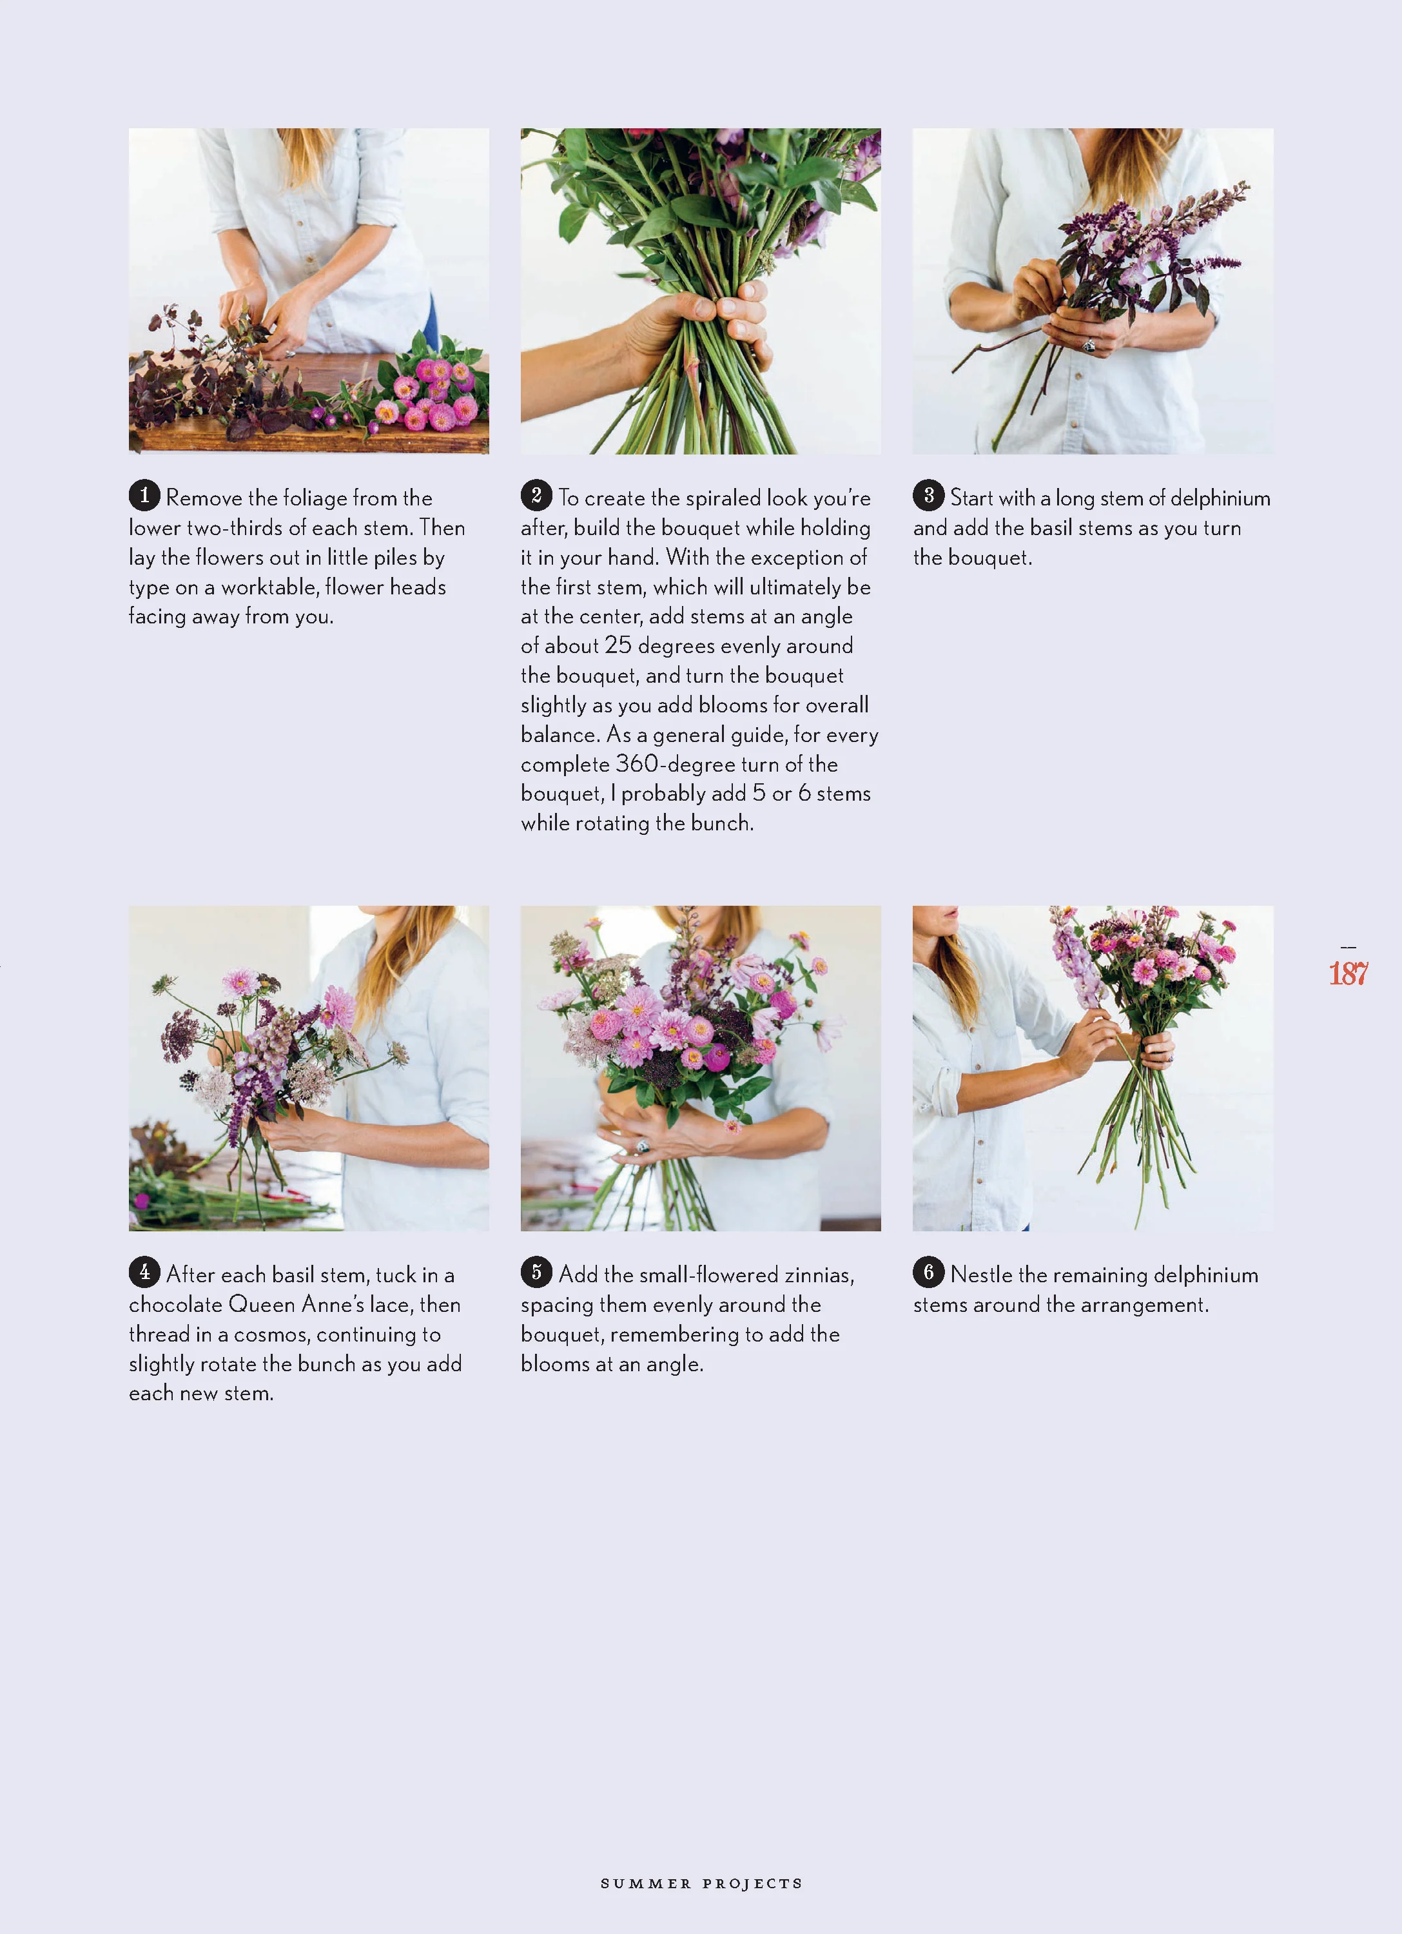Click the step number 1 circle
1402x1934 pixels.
click(x=144, y=494)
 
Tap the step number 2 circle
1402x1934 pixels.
click(x=536, y=494)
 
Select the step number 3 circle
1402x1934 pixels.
click(x=929, y=494)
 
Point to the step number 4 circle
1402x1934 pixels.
click(x=144, y=1271)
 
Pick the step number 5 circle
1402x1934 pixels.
click(x=536, y=1271)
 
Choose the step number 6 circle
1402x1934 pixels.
click(x=929, y=1271)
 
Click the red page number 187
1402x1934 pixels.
click(x=1348, y=973)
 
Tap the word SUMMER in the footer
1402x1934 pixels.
click(x=646, y=1883)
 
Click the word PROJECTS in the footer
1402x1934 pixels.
click(x=753, y=1883)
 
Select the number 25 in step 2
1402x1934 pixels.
click(x=618, y=645)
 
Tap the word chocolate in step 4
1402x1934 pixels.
click(x=176, y=1304)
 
